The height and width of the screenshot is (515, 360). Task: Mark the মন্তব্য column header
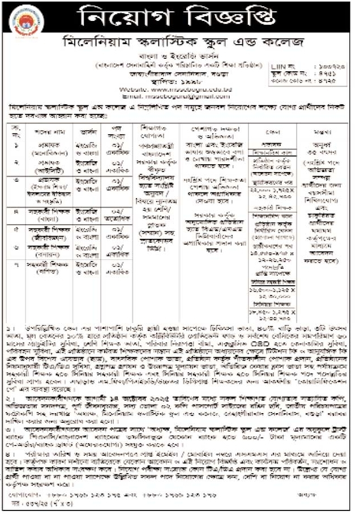328,128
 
